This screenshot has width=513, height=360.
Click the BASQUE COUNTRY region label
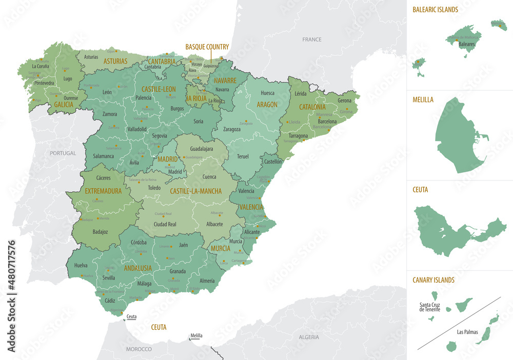coord(207,47)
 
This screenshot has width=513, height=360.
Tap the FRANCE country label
coord(311,39)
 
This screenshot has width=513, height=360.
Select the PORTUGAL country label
coord(63,153)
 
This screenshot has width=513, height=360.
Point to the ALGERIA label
coord(309,337)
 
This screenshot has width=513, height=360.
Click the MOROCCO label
coord(139,349)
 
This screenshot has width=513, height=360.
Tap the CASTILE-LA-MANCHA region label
coord(195,191)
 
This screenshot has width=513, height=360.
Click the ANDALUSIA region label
coord(137,268)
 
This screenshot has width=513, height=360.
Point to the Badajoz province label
coord(101,232)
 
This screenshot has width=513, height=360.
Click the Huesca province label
coord(267,93)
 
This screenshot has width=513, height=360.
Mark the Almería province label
coord(207,281)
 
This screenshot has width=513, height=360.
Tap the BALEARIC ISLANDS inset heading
coord(435,9)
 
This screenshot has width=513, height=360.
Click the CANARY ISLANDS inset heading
coord(433,280)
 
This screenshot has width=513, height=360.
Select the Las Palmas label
coord(467,332)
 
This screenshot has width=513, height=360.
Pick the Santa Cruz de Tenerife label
coord(429,307)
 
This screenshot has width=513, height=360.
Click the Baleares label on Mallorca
coord(466,44)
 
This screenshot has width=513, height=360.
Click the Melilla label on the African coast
coord(196,336)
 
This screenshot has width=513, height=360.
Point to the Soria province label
coord(199,122)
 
